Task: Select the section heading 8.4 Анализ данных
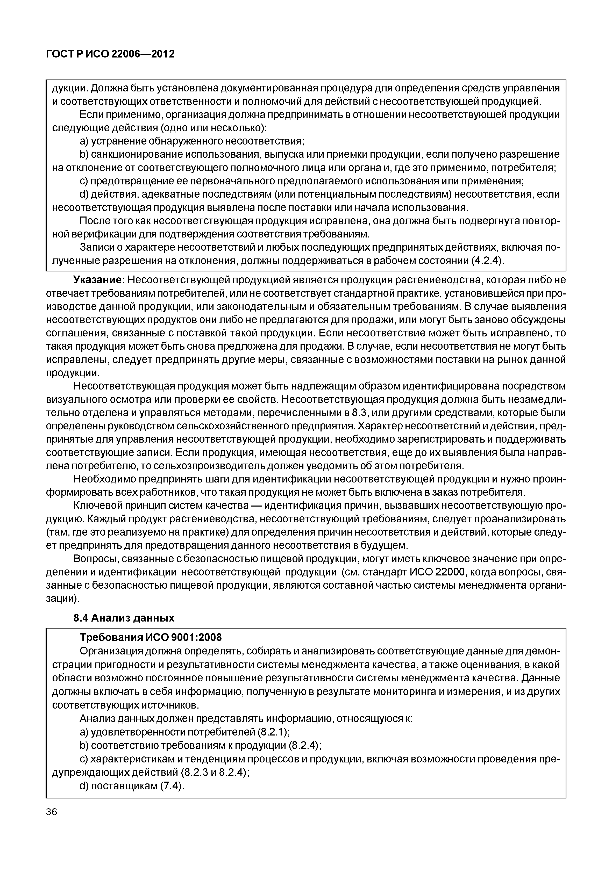click(124, 618)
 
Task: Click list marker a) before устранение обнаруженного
click(84, 141)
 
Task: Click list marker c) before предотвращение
click(84, 181)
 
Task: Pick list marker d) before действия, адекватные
click(84, 194)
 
